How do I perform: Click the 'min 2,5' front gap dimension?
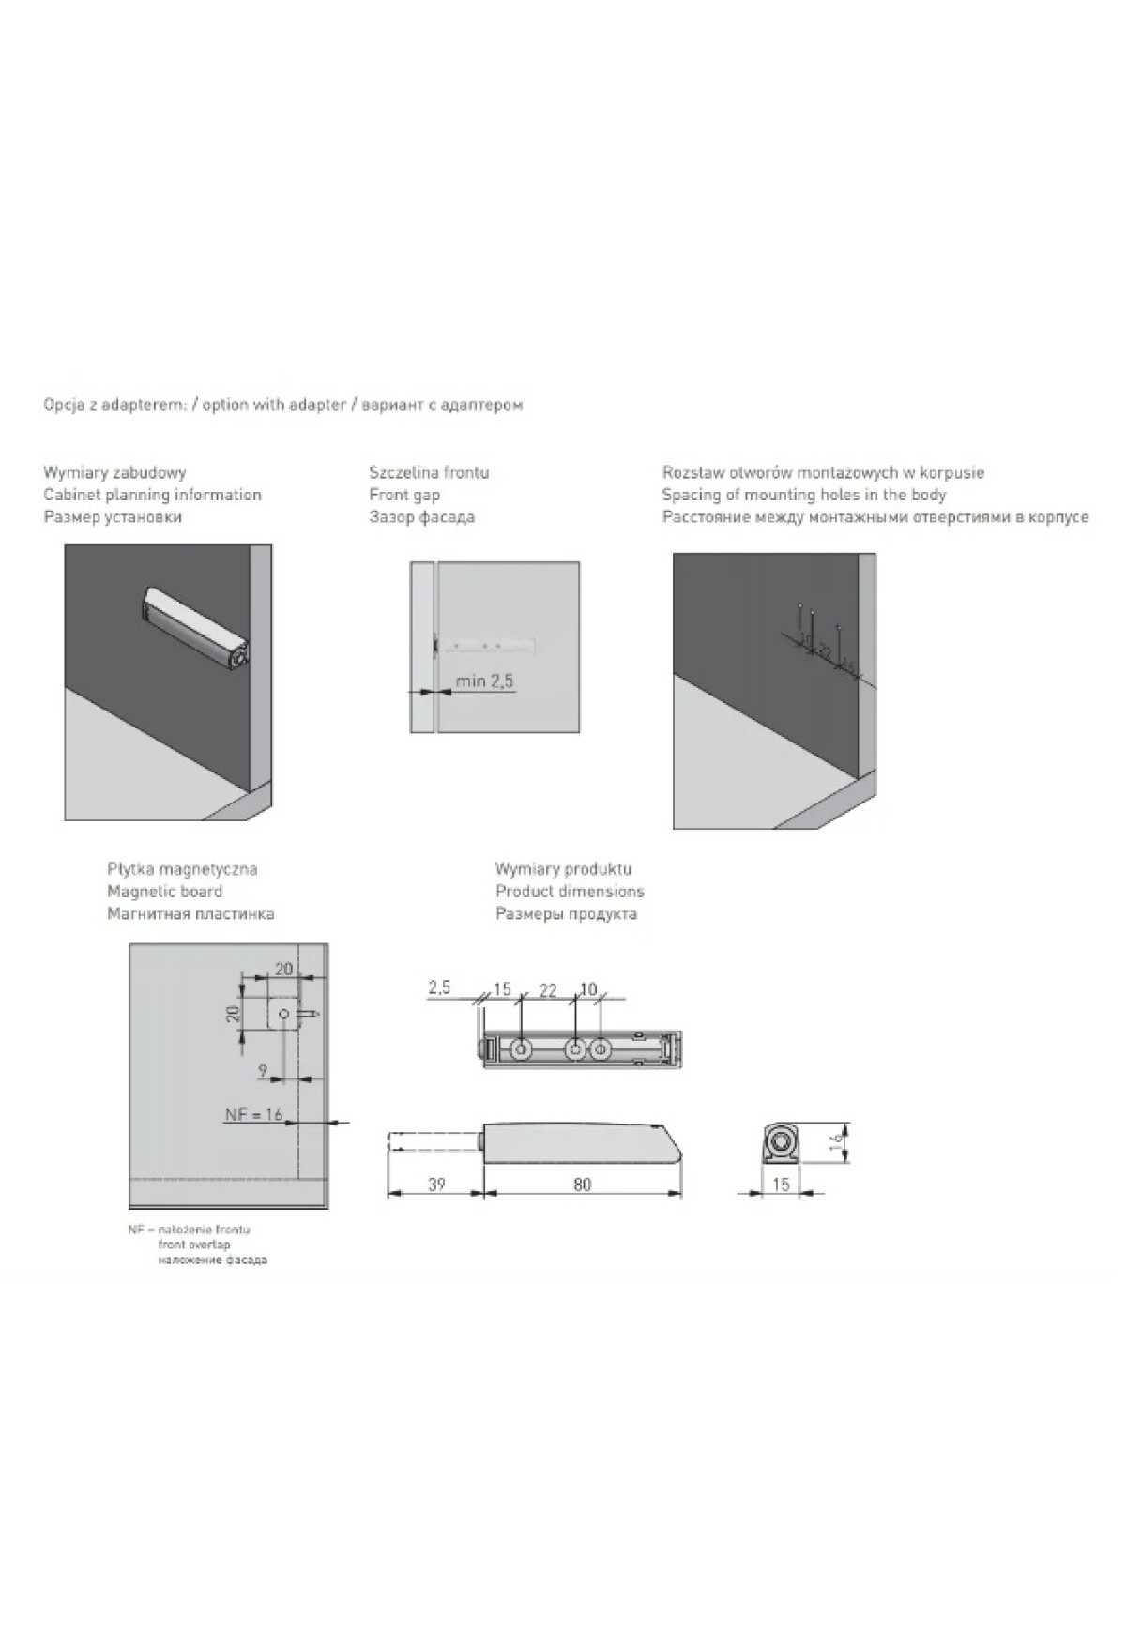click(484, 681)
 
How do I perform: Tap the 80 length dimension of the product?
click(582, 1185)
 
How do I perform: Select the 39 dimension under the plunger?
click(436, 1185)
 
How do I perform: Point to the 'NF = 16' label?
click(253, 1114)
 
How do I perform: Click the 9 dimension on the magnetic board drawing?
click(263, 1070)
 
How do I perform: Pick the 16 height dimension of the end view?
click(836, 1142)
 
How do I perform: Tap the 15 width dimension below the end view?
click(781, 1185)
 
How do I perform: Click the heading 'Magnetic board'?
click(164, 892)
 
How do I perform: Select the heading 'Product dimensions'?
click(570, 892)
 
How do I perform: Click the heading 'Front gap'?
click(404, 495)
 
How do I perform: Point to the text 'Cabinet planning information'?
click(152, 495)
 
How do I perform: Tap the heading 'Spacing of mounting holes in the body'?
click(804, 495)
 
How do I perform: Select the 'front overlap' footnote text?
click(194, 1245)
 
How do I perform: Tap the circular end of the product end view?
click(779, 1141)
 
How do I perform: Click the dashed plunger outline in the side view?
click(434, 1141)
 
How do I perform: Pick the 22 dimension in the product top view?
click(548, 990)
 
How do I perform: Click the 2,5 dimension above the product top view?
click(439, 987)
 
